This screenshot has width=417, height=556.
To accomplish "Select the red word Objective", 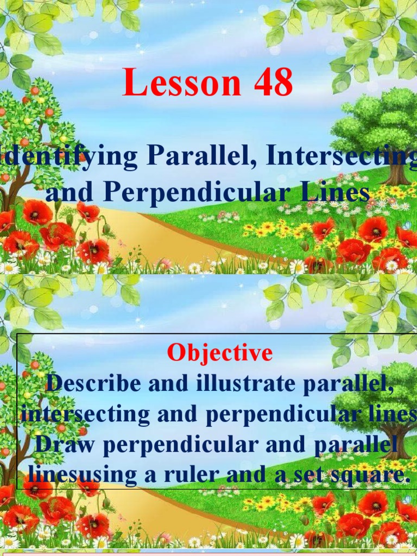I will (219, 353).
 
